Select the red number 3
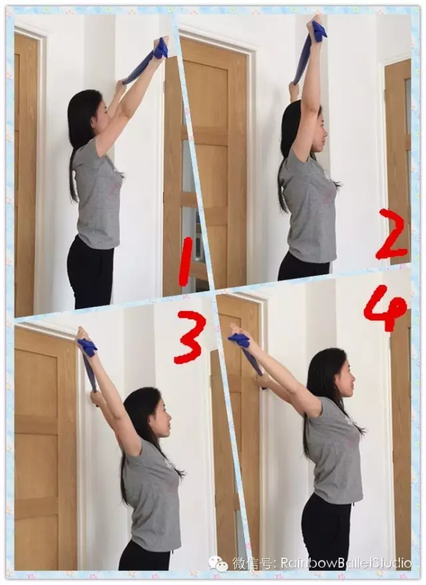pyautogui.click(x=190, y=337)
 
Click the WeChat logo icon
pyautogui.click(x=218, y=563)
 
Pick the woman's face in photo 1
pyautogui.click(x=99, y=114)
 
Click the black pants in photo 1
pyautogui.click(x=91, y=273)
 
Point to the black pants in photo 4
pyautogui.click(x=326, y=528)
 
